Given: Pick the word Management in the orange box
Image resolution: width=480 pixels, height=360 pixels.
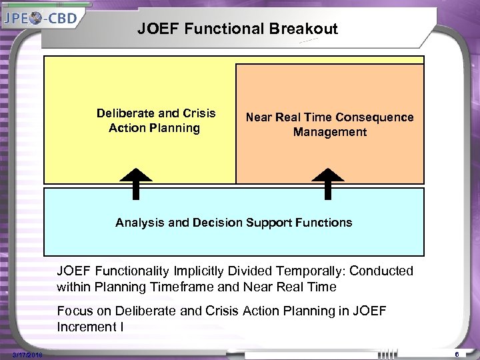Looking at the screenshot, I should (330, 132).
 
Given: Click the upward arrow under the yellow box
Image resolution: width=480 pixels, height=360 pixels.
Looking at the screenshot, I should (136, 183).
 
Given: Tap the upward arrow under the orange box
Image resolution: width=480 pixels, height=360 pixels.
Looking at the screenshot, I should (327, 183).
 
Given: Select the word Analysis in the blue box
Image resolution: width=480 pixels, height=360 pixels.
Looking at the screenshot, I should (139, 223).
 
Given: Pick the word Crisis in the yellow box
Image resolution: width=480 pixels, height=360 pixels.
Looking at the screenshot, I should (200, 113).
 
